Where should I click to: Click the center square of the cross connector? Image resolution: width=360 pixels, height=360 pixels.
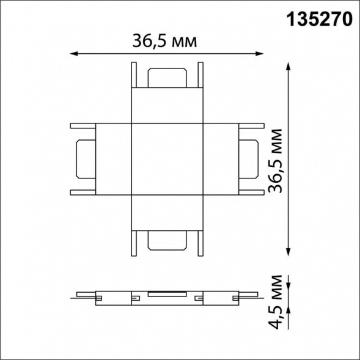click(165, 160)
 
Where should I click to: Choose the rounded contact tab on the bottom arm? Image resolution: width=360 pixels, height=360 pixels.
click(165, 242)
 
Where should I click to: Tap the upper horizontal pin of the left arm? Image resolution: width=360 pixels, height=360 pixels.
click(83, 127)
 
